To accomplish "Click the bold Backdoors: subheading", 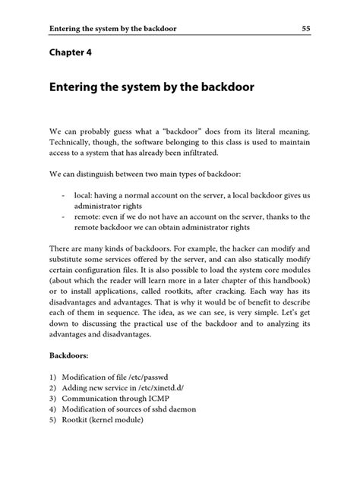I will [73, 355].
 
